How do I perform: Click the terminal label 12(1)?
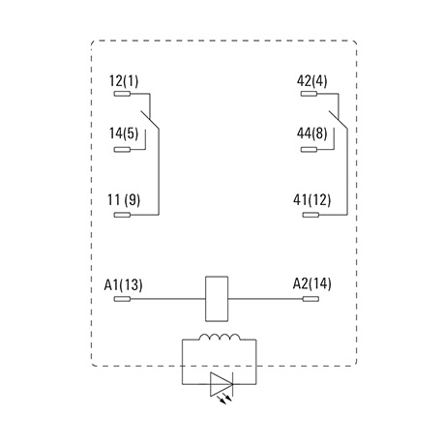[x=124, y=81]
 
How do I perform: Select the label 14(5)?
[x=124, y=133]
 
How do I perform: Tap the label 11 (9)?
[x=124, y=200]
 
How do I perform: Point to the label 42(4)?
[x=311, y=81]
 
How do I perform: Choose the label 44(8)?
[x=311, y=133]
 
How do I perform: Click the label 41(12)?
[x=311, y=200]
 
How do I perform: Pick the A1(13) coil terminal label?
[x=123, y=285]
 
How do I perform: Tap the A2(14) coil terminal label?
[x=311, y=284]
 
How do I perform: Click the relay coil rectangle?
[x=217, y=299]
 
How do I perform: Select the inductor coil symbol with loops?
[x=220, y=338]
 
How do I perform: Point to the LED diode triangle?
[x=222, y=384]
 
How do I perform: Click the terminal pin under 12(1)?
[x=122, y=94]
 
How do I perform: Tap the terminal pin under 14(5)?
[x=122, y=150]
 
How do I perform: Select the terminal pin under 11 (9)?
[x=122, y=215]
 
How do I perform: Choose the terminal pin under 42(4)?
[x=309, y=94]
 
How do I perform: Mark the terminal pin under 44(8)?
[x=309, y=150]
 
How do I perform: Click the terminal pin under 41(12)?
[x=311, y=215]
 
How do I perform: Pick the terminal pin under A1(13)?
[x=122, y=299]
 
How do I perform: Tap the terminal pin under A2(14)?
[x=311, y=299]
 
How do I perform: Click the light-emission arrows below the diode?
[x=225, y=400]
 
